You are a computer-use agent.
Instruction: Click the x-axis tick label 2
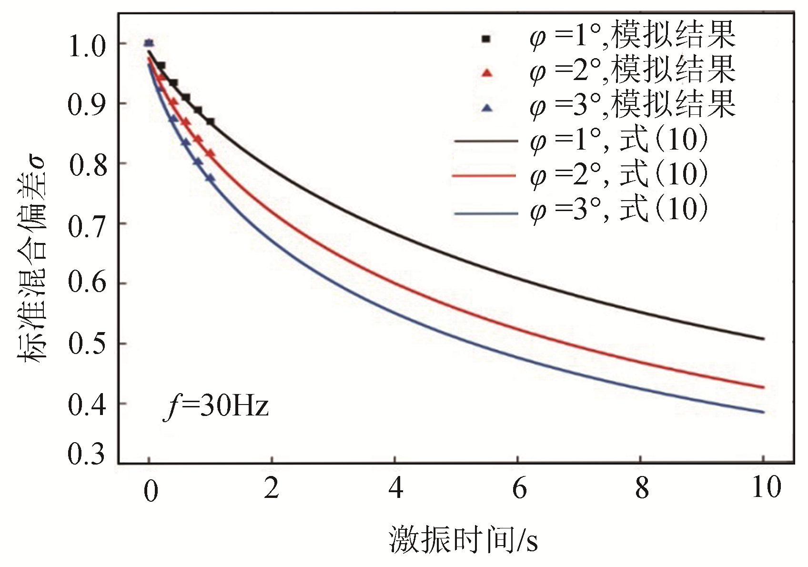click(271, 488)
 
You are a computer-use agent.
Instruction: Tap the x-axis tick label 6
click(519, 488)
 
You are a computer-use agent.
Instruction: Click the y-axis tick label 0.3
click(86, 454)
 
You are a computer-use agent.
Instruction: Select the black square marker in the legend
click(486, 39)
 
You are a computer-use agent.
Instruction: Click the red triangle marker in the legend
click(486, 73)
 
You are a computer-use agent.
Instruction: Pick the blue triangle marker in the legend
click(486, 108)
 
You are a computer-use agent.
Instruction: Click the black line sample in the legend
click(485, 142)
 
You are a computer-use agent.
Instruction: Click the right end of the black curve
click(764, 339)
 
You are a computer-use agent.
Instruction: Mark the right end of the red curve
click(764, 387)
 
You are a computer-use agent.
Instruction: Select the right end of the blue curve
click(764, 412)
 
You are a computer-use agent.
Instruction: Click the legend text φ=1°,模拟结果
click(632, 36)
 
